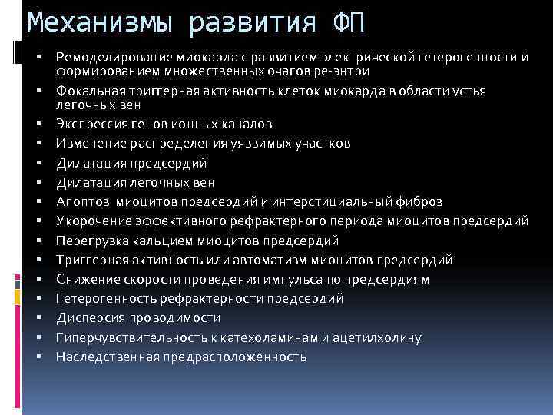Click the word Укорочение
click(89, 221)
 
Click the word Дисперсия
click(88, 317)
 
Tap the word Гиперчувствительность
click(129, 337)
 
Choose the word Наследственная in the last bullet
click(104, 357)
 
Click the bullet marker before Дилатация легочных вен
click(37, 182)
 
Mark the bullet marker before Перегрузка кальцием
click(37, 241)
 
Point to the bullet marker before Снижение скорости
click(37, 279)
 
